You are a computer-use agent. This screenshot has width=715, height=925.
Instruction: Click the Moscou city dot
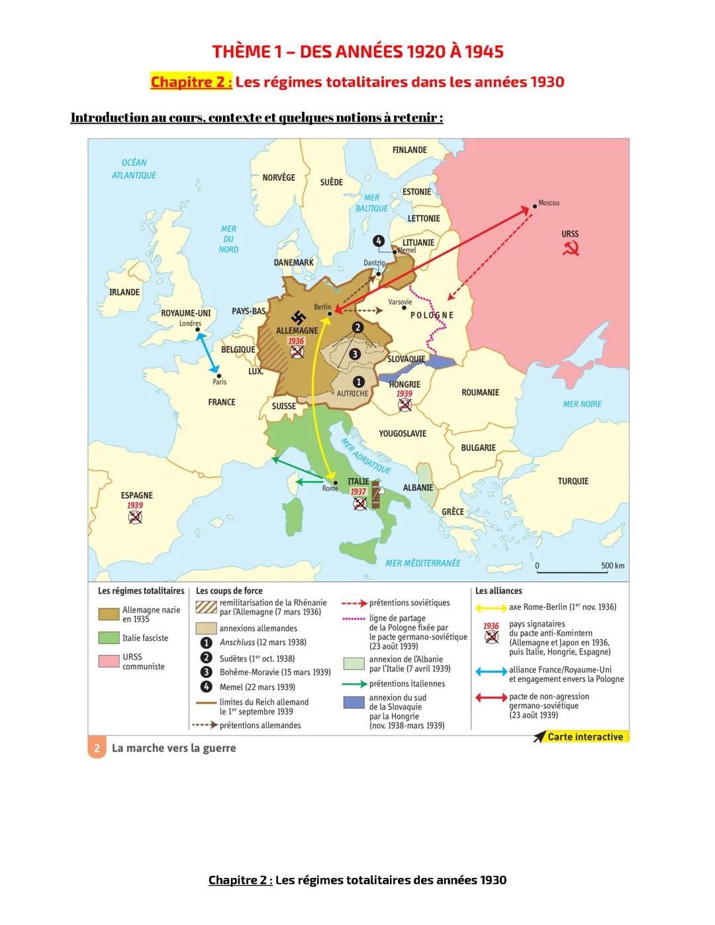tap(535, 207)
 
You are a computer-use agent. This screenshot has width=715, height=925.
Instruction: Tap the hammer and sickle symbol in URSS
tap(570, 249)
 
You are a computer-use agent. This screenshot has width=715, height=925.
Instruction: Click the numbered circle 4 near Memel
tap(378, 241)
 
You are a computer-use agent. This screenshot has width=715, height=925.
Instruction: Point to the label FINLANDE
tap(409, 150)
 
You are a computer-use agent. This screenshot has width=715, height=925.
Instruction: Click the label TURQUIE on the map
tap(573, 481)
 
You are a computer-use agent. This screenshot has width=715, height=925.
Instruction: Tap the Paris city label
tap(219, 382)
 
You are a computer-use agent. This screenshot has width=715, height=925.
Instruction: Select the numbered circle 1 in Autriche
tap(358, 381)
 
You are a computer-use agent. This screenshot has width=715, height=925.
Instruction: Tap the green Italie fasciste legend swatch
tap(109, 638)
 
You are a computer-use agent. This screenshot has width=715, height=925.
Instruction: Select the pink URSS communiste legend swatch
tap(109, 661)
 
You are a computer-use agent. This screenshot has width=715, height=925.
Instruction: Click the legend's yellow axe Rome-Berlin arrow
tap(491, 608)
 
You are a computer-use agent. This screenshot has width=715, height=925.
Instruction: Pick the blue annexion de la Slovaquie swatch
tap(354, 703)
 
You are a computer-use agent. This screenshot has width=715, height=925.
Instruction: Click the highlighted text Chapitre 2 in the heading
tap(191, 82)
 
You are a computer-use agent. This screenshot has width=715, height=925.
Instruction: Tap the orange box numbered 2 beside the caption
tap(97, 748)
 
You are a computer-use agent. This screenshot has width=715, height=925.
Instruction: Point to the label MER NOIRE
tap(583, 404)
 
